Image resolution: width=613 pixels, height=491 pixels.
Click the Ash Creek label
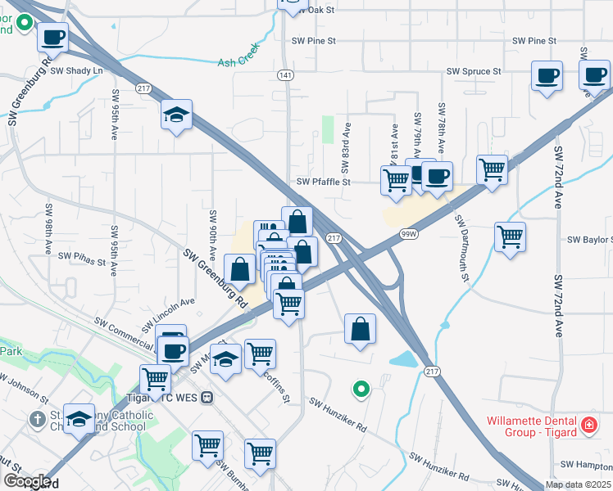(x=238, y=61)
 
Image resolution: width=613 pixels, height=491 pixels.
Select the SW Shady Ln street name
(x=77, y=71)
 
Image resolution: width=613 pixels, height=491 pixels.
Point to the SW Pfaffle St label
(x=323, y=182)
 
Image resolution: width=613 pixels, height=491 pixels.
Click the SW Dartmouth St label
(x=461, y=250)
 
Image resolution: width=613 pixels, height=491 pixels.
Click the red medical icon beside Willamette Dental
(x=588, y=426)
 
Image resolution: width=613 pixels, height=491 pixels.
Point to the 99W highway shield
(x=408, y=233)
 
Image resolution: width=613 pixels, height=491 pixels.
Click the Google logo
(x=27, y=482)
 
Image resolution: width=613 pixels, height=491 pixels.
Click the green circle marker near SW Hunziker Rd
(x=359, y=390)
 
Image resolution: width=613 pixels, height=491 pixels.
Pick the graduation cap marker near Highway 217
(x=176, y=115)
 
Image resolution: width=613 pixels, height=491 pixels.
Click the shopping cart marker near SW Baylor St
(x=510, y=236)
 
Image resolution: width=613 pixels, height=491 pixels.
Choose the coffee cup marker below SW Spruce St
(x=547, y=76)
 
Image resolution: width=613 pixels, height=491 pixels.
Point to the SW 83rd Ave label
(x=347, y=146)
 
